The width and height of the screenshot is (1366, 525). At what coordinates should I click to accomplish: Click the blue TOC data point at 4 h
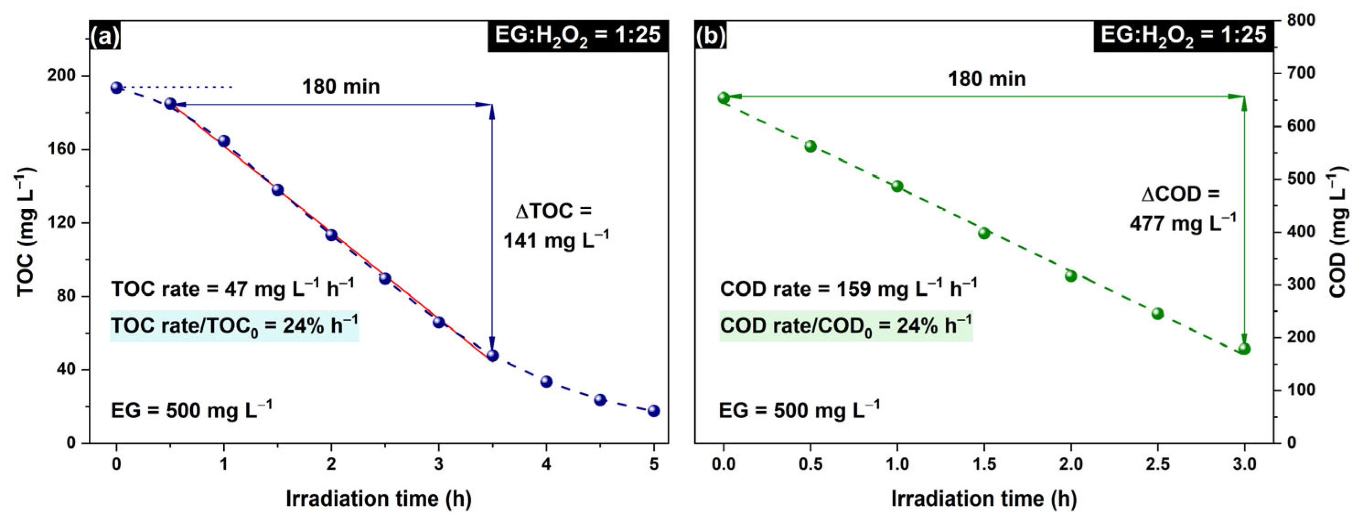tap(546, 382)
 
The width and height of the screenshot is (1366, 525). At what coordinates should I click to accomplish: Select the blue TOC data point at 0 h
tap(117, 87)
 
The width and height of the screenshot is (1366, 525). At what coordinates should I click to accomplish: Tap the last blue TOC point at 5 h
tap(654, 411)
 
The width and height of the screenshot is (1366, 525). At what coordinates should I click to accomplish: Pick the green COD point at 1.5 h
tap(984, 233)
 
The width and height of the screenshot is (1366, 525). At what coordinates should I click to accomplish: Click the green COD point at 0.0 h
tap(723, 97)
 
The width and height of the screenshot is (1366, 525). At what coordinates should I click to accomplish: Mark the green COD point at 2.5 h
tap(1157, 313)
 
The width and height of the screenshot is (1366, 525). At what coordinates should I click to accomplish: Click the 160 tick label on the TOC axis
tap(62, 149)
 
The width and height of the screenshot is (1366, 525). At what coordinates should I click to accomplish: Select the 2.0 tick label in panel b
tap(1071, 465)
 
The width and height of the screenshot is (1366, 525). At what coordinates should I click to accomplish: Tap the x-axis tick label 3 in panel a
tap(439, 465)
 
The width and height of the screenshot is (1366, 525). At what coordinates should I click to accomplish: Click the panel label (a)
tap(105, 36)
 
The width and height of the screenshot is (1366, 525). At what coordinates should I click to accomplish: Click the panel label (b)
tap(711, 36)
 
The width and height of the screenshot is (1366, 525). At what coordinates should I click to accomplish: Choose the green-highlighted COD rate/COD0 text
tap(845, 326)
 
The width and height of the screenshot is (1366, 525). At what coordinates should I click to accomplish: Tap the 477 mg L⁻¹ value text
tap(1182, 223)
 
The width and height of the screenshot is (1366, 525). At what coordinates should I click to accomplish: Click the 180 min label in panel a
tap(341, 87)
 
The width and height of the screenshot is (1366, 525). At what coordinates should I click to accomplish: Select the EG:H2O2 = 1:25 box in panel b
tap(1183, 36)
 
